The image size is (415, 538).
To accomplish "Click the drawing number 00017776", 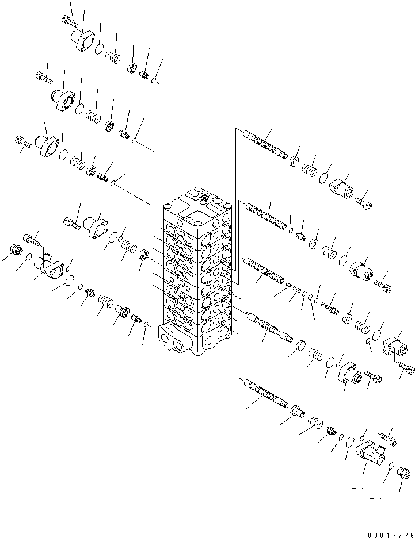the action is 391,535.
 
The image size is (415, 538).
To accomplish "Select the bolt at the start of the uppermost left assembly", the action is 70,21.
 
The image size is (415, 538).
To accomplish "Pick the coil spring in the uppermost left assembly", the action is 113,56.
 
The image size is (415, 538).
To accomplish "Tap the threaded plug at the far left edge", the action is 16,249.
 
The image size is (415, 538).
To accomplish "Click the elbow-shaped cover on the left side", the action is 49,266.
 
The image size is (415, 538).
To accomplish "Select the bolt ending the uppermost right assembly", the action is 363,203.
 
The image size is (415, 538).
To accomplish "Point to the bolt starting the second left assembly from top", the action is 44,77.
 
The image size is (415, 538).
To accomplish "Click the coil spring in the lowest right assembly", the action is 315,422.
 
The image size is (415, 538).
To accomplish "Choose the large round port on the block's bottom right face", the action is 223,332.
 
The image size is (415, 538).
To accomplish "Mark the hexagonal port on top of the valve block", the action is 204,198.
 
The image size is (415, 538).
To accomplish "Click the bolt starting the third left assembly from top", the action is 24,142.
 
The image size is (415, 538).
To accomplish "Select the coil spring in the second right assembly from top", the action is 329,253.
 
